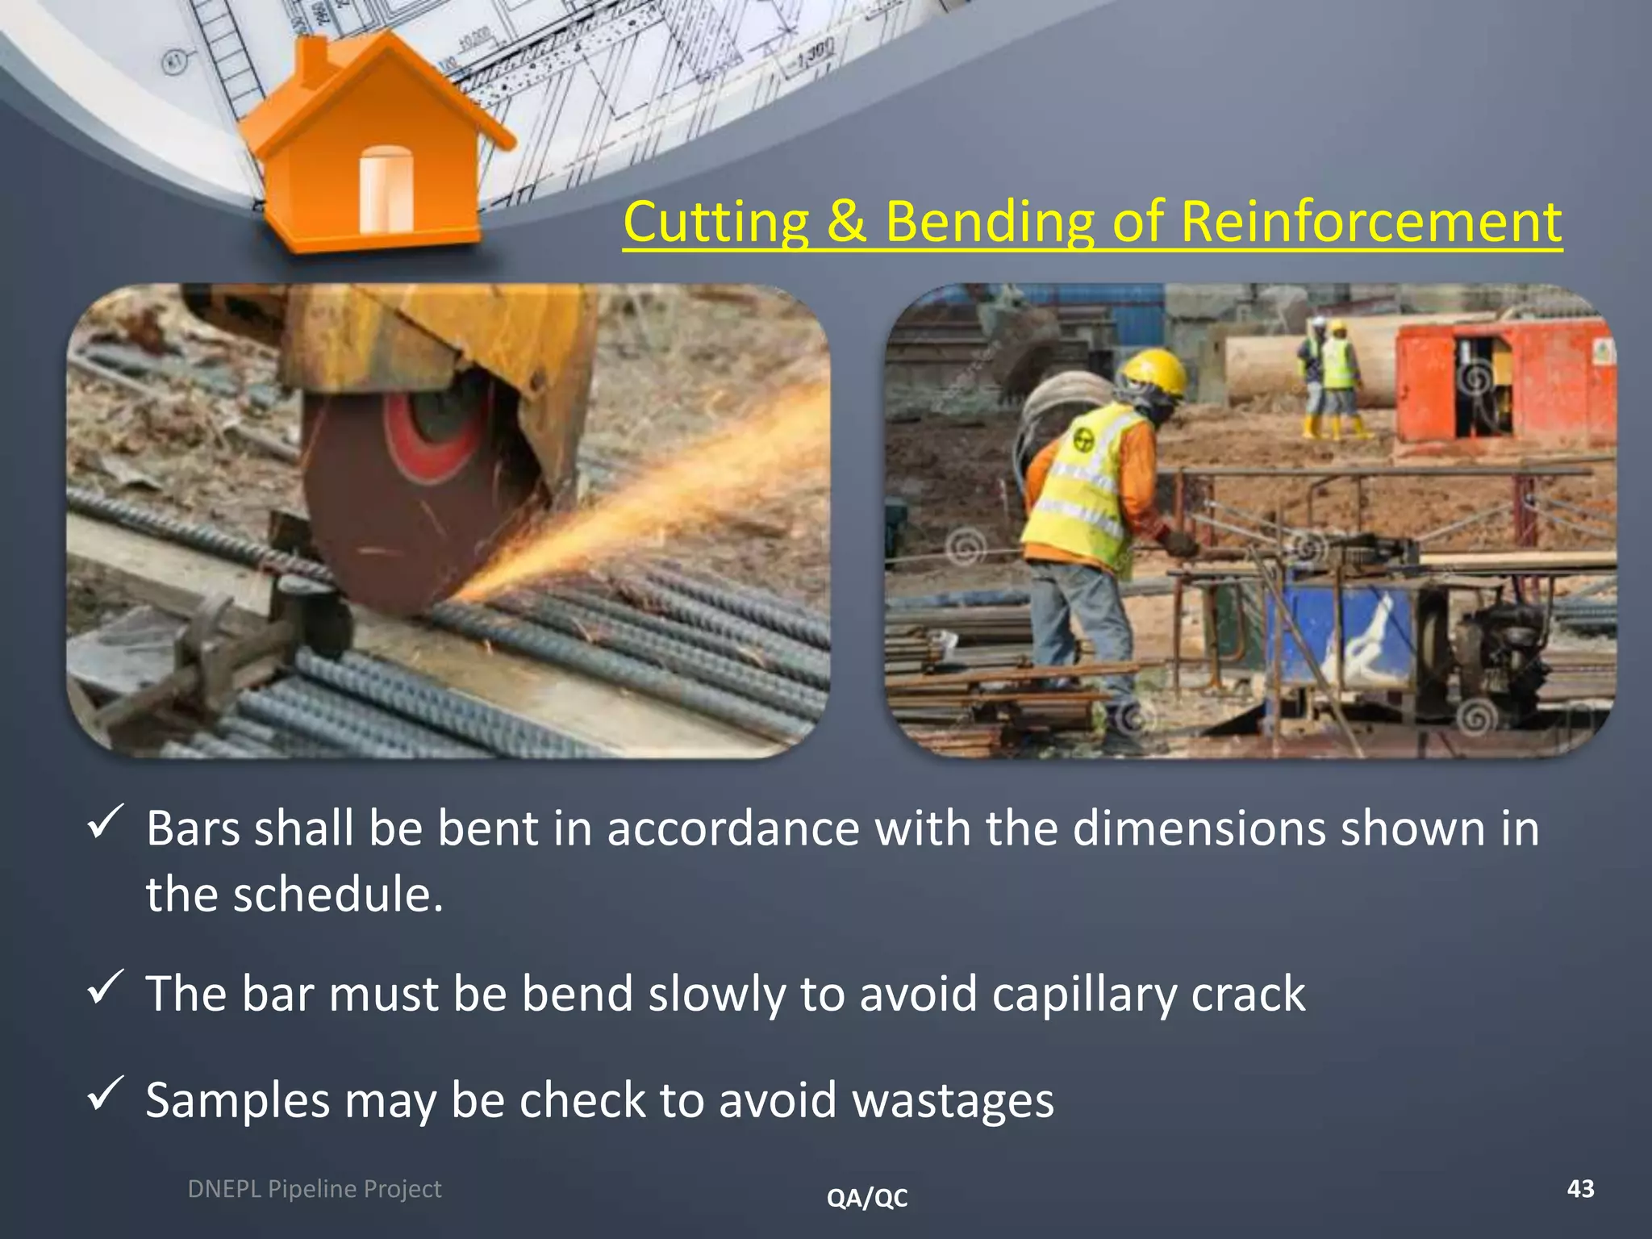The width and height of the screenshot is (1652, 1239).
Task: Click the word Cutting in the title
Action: click(x=716, y=222)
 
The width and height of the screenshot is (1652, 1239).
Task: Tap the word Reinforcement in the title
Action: click(x=1371, y=222)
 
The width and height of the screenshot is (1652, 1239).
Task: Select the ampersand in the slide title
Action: click(x=846, y=222)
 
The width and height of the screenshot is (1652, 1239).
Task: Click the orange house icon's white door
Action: click(x=386, y=190)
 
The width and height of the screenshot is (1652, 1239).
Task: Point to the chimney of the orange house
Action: click(x=315, y=60)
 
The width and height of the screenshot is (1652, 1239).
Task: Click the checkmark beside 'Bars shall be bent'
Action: click(x=105, y=823)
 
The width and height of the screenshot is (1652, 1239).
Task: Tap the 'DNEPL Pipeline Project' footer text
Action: click(x=314, y=1189)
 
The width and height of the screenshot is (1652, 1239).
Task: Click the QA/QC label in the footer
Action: click(x=867, y=1198)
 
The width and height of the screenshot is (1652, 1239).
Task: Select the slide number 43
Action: click(x=1580, y=1188)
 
